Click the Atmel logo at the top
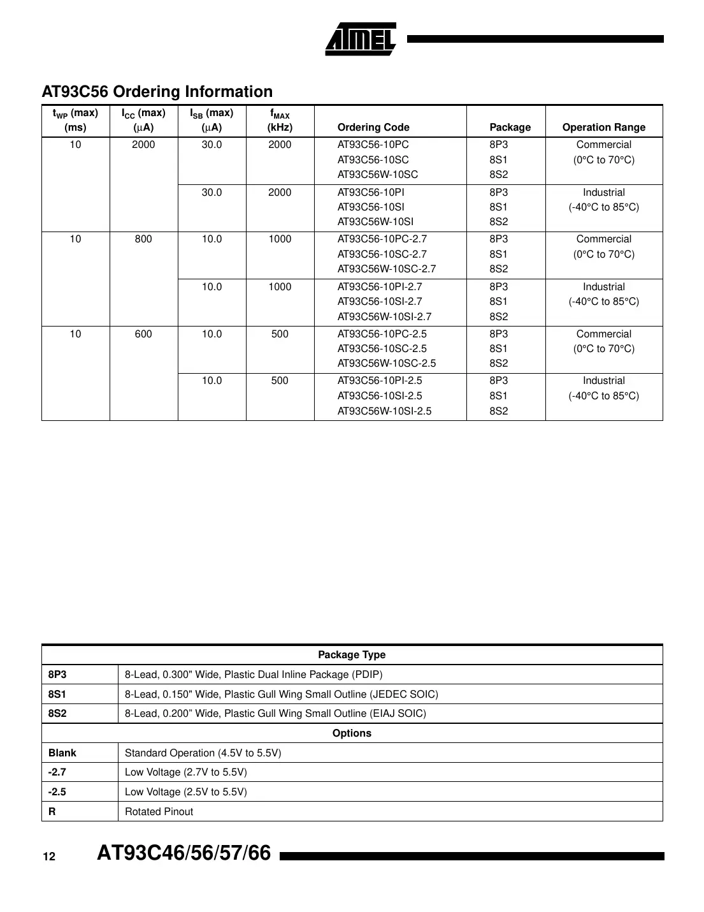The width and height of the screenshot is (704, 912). pyautogui.click(x=361, y=40)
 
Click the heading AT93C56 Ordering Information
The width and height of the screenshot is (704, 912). pyautogui.click(x=157, y=92)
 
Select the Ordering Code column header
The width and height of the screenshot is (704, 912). pyautogui.click(x=373, y=128)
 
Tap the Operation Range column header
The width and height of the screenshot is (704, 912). pyautogui.click(x=603, y=128)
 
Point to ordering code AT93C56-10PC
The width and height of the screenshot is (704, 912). pyautogui.click(x=373, y=145)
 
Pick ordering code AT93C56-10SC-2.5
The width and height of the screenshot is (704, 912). pyautogui.click(x=382, y=349)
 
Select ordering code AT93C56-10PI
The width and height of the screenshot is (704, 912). pyautogui.click(x=370, y=193)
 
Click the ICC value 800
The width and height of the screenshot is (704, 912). pyautogui.click(x=143, y=239)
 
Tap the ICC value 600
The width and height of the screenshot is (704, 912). pyautogui.click(x=143, y=334)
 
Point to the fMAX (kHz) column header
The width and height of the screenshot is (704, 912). pyautogui.click(x=280, y=121)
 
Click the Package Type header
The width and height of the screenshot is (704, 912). pyautogui.click(x=352, y=655)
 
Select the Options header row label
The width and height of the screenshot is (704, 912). pyautogui.click(x=352, y=733)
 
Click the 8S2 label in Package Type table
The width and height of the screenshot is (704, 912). pyautogui.click(x=57, y=714)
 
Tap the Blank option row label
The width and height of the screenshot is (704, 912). pyautogui.click(x=62, y=753)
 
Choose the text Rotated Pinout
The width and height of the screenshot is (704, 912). pyautogui.click(x=159, y=812)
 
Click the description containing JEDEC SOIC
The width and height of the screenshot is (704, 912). pyautogui.click(x=281, y=695)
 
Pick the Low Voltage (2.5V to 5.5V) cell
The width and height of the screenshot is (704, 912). pyautogui.click(x=185, y=792)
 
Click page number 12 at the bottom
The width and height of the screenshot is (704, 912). pyautogui.click(x=49, y=857)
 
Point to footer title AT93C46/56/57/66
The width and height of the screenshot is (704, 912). pyautogui.click(x=183, y=853)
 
